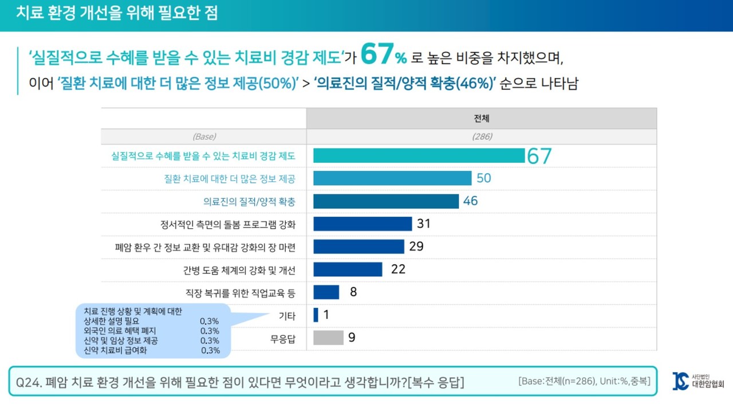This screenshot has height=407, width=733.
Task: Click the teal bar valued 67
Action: pyautogui.click(x=419, y=155)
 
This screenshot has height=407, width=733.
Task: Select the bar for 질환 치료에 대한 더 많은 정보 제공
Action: pyautogui.click(x=392, y=178)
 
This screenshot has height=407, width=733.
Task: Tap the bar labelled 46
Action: pyautogui.click(x=386, y=201)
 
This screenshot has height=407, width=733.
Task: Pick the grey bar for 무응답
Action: pyautogui.click(x=328, y=338)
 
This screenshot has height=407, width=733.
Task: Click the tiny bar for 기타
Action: pyautogui.click(x=316, y=315)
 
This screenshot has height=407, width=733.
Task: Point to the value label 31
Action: pyautogui.click(x=423, y=224)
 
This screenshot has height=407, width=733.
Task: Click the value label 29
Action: pyautogui.click(x=416, y=246)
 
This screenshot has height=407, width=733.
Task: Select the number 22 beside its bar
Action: pyautogui.click(x=398, y=269)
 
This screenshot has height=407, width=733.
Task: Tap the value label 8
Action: pyautogui.click(x=353, y=292)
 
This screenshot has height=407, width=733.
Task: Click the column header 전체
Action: pyautogui.click(x=482, y=119)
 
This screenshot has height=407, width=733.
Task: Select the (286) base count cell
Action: pyautogui.click(x=482, y=137)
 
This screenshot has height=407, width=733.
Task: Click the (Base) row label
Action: pyautogui.click(x=204, y=137)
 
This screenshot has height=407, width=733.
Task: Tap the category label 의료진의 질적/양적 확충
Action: pyautogui.click(x=249, y=201)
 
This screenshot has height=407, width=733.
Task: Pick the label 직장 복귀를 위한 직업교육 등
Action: pyautogui.click(x=241, y=293)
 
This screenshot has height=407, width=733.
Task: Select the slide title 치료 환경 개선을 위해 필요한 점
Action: pyautogui.click(x=117, y=13)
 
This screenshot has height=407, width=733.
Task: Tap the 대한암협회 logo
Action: pyautogui.click(x=698, y=381)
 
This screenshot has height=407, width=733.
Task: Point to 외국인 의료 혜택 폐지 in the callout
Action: pyautogui.click(x=120, y=331)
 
